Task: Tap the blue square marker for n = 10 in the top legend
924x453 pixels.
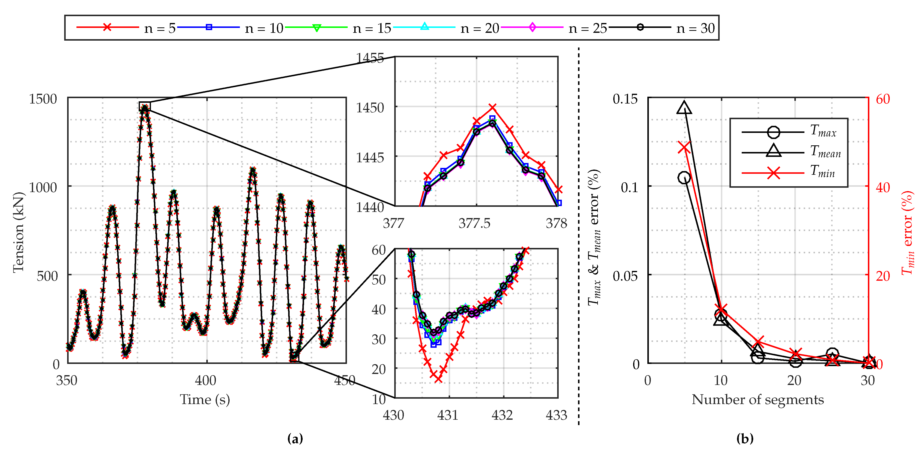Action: (x=209, y=27)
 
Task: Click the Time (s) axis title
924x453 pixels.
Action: (x=205, y=399)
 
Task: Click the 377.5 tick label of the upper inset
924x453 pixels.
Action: (x=474, y=223)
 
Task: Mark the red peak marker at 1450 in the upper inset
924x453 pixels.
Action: (x=493, y=107)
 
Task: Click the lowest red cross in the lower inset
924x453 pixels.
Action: (x=438, y=378)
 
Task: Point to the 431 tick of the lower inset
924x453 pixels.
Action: (x=448, y=415)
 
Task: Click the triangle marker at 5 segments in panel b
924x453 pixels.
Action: (x=684, y=107)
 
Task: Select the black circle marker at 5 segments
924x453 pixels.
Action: (x=684, y=177)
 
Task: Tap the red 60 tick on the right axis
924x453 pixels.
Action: (x=883, y=99)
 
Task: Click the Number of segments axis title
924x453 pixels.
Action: (x=758, y=399)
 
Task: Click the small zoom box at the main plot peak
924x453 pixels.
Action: (x=145, y=106)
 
